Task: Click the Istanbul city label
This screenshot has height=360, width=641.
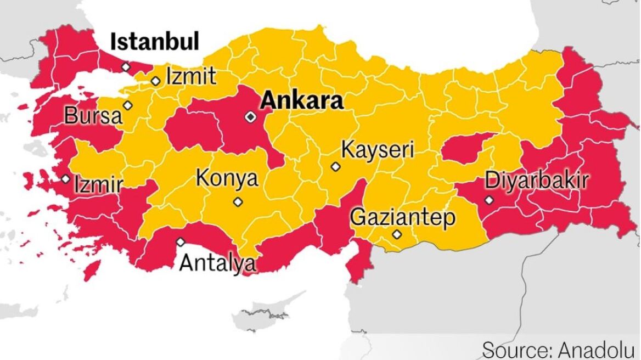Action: tap(155, 42)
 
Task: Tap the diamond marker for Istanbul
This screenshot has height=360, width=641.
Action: tap(126, 66)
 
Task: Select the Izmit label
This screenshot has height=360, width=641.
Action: tap(191, 76)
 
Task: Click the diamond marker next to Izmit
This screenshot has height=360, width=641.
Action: tap(156, 81)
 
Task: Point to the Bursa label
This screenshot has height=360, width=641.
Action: tap(93, 116)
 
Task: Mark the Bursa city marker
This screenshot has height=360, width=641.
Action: tap(128, 105)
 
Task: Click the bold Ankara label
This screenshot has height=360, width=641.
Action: tap(302, 101)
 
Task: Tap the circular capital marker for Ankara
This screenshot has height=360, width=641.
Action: tap(250, 116)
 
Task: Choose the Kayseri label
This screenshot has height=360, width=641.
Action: tap(378, 149)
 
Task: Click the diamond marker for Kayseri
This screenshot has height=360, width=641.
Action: tap(336, 166)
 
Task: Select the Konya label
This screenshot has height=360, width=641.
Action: tap(227, 179)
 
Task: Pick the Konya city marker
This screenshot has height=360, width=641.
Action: tap(238, 202)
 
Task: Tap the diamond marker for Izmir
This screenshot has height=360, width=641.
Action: tap(66, 179)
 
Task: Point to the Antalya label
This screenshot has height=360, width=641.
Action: tap(218, 263)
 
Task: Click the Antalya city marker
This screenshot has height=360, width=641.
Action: tap(181, 242)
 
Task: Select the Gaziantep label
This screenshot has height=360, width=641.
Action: tap(403, 217)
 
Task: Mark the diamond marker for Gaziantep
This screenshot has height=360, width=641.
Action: tap(397, 235)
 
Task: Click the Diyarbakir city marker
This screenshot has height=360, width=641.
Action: tap(489, 200)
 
